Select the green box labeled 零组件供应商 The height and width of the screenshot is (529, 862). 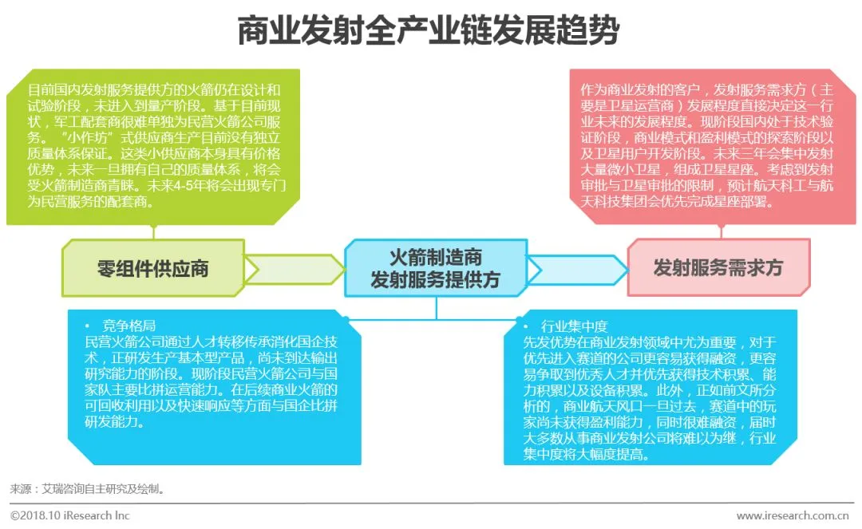[152, 268]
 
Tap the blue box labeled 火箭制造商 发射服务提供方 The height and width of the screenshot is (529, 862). [435, 268]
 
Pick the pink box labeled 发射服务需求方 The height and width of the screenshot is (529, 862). [718, 268]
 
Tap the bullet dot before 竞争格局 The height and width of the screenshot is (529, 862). [87, 327]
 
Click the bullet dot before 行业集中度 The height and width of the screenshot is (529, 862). [527, 327]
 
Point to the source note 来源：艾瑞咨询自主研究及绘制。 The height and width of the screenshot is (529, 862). [87, 488]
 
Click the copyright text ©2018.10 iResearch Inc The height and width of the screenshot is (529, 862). [69, 515]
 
